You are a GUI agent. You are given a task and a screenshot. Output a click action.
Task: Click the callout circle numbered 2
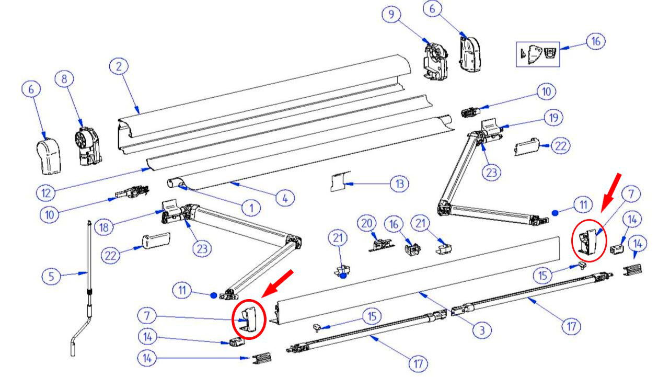pyautogui.click(x=119, y=67)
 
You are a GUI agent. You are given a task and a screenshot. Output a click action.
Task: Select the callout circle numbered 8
pyautogui.click(x=64, y=79)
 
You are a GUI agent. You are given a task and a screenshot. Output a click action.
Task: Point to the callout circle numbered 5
pyautogui.click(x=51, y=276)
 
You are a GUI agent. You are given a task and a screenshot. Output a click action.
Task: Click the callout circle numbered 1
pyautogui.click(x=251, y=208)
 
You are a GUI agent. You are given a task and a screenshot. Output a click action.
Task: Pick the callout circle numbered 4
pyautogui.click(x=285, y=198)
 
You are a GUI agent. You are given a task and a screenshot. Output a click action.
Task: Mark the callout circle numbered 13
pyautogui.click(x=399, y=184)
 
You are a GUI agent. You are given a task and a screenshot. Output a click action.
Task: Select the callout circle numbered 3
pyautogui.click(x=482, y=330)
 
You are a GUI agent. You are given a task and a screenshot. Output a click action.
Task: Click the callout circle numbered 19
pyautogui.click(x=553, y=118)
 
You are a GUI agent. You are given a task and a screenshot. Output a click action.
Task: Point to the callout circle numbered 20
pyautogui.click(x=367, y=223)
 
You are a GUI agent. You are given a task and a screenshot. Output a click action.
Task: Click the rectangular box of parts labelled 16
pyautogui.click(x=538, y=54)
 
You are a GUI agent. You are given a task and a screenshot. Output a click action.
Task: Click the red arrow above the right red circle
pyautogui.click(x=609, y=189)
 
